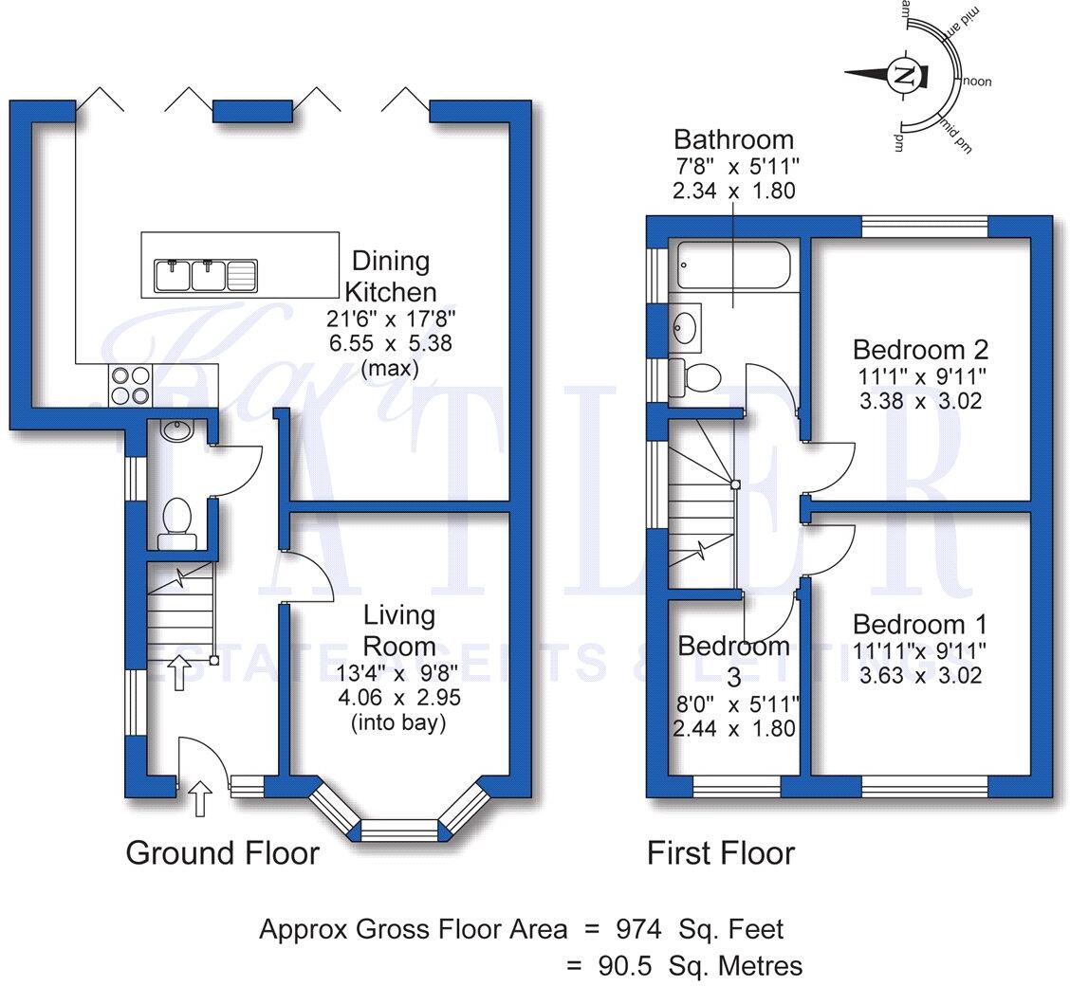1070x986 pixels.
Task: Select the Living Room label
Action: (399, 630)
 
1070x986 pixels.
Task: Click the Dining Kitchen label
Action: (390, 276)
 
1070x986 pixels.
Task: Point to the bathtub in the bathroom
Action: (732, 265)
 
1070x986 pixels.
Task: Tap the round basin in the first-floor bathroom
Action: (686, 328)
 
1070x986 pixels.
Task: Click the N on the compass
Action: (904, 76)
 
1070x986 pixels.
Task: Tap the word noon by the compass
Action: (977, 82)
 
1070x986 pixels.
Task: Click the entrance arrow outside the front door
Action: (199, 798)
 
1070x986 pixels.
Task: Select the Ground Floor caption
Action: (222, 853)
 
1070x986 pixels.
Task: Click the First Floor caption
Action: (720, 853)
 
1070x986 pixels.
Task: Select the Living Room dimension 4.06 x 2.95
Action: (399, 700)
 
